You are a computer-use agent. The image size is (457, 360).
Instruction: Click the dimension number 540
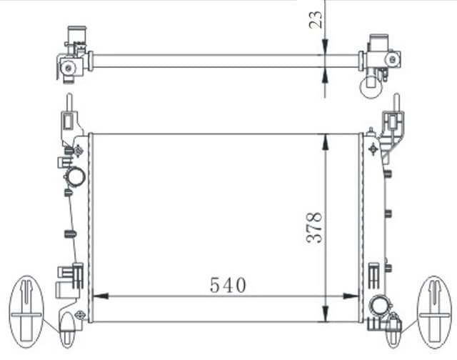pos(228,286)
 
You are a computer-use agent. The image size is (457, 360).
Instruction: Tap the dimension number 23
pos(315,20)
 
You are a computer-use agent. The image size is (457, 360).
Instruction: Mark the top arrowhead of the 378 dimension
pos(326,140)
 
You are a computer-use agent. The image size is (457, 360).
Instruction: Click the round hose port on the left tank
pos(76,176)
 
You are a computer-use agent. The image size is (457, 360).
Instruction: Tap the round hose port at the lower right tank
pos(378,307)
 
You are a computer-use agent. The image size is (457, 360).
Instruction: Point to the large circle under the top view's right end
pos(371,86)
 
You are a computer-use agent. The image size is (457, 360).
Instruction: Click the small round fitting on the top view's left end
pos(68,67)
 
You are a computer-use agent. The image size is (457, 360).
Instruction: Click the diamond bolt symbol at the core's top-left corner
pos(78,150)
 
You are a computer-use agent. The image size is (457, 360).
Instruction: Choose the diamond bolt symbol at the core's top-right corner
pos(372,149)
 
